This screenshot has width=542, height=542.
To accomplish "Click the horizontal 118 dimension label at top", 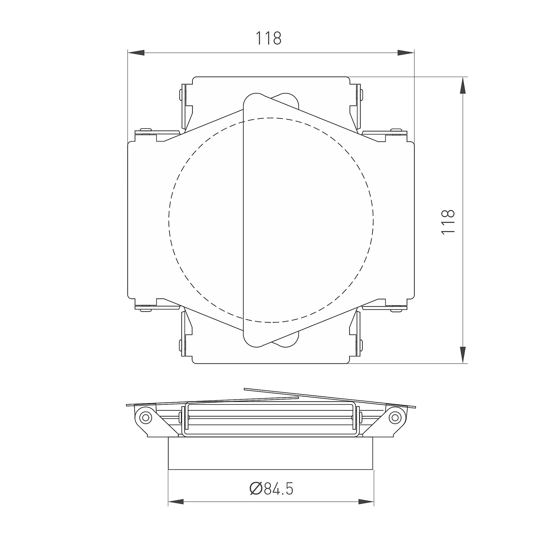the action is tap(268, 38).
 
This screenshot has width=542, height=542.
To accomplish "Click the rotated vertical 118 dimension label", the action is tap(448, 221).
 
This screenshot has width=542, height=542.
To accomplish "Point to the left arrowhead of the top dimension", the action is tap(136, 53).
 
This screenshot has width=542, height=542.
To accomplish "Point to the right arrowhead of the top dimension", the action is tap(406, 53).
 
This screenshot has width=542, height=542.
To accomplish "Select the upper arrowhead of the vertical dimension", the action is tap(462, 85).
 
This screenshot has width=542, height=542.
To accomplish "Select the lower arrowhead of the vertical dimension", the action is tap(462, 355).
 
